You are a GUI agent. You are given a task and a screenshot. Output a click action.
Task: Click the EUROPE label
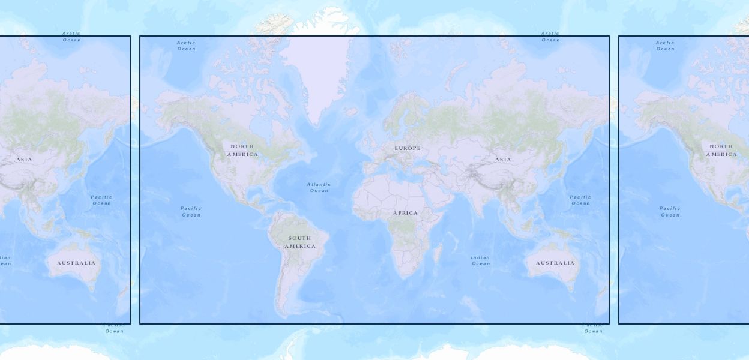click(x=408, y=148)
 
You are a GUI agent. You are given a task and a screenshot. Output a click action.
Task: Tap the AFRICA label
click(x=406, y=213)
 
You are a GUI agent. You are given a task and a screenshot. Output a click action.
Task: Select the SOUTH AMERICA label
click(x=299, y=242)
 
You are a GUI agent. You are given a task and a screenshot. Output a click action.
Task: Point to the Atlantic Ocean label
click(x=319, y=187)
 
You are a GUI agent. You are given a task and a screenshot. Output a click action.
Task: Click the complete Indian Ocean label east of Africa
click(x=480, y=260)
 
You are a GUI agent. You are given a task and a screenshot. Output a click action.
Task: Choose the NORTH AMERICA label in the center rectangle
click(x=242, y=150)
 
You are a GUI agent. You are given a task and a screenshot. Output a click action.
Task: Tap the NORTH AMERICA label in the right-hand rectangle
click(x=721, y=150)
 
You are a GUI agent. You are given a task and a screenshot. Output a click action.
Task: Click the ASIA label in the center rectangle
click(x=503, y=160)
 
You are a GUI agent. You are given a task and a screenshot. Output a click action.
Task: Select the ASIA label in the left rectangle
click(x=24, y=160)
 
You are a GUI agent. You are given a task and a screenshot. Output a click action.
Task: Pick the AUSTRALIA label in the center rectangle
click(x=555, y=263)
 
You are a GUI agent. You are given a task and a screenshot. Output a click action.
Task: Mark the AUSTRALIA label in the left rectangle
click(x=76, y=263)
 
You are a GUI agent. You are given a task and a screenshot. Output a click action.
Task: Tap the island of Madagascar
click(x=438, y=253)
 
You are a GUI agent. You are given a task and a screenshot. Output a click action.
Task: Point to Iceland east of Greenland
click(x=350, y=112)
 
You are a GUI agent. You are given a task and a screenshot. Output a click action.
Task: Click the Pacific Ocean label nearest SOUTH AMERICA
click(x=191, y=211)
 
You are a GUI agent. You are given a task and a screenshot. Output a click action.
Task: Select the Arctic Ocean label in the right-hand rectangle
click(x=665, y=46)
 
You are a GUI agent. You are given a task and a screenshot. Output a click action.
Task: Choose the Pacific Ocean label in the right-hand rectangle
click(x=670, y=211)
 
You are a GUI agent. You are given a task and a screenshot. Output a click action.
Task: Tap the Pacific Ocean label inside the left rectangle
click(x=101, y=200)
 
